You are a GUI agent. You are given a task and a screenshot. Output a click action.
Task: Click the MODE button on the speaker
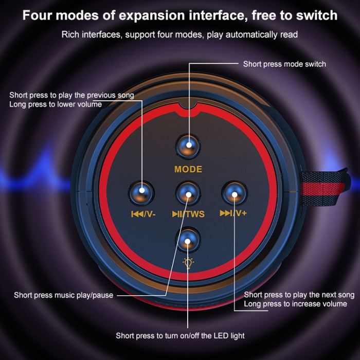188,146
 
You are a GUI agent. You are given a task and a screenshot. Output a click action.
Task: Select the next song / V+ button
234,194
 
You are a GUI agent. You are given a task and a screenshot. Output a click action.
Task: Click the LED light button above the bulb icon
188,240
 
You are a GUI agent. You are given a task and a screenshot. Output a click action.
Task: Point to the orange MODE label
188,169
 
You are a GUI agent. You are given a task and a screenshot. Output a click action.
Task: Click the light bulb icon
188,264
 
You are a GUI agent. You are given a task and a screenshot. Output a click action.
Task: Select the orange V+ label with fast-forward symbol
233,213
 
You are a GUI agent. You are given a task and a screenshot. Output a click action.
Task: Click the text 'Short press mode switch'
284,64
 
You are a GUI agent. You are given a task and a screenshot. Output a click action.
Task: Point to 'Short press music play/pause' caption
63,295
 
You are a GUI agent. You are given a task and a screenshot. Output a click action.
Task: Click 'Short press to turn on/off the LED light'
180,336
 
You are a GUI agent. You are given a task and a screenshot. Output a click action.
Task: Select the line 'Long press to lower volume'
56,104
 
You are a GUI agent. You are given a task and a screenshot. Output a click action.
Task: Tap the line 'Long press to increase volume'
295,304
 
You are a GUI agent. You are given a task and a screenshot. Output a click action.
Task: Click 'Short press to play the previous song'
71,95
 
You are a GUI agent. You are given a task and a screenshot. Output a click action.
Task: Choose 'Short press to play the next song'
299,295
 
